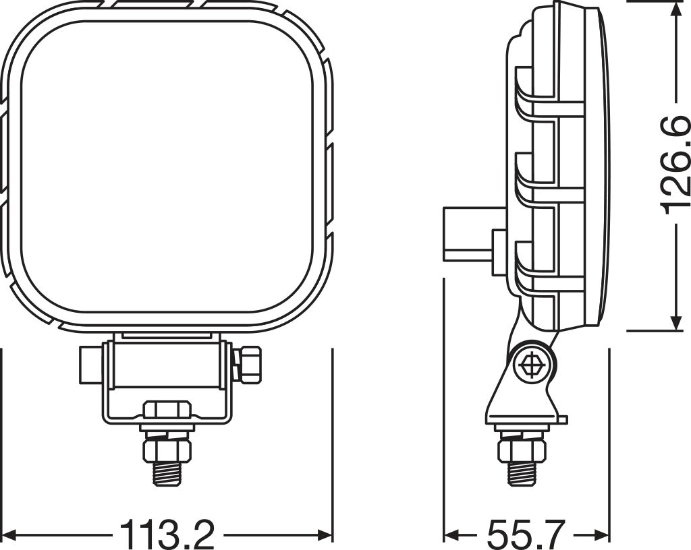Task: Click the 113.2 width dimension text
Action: (167, 534)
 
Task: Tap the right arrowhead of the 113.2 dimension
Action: (325, 535)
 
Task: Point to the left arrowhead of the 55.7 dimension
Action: (451, 535)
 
